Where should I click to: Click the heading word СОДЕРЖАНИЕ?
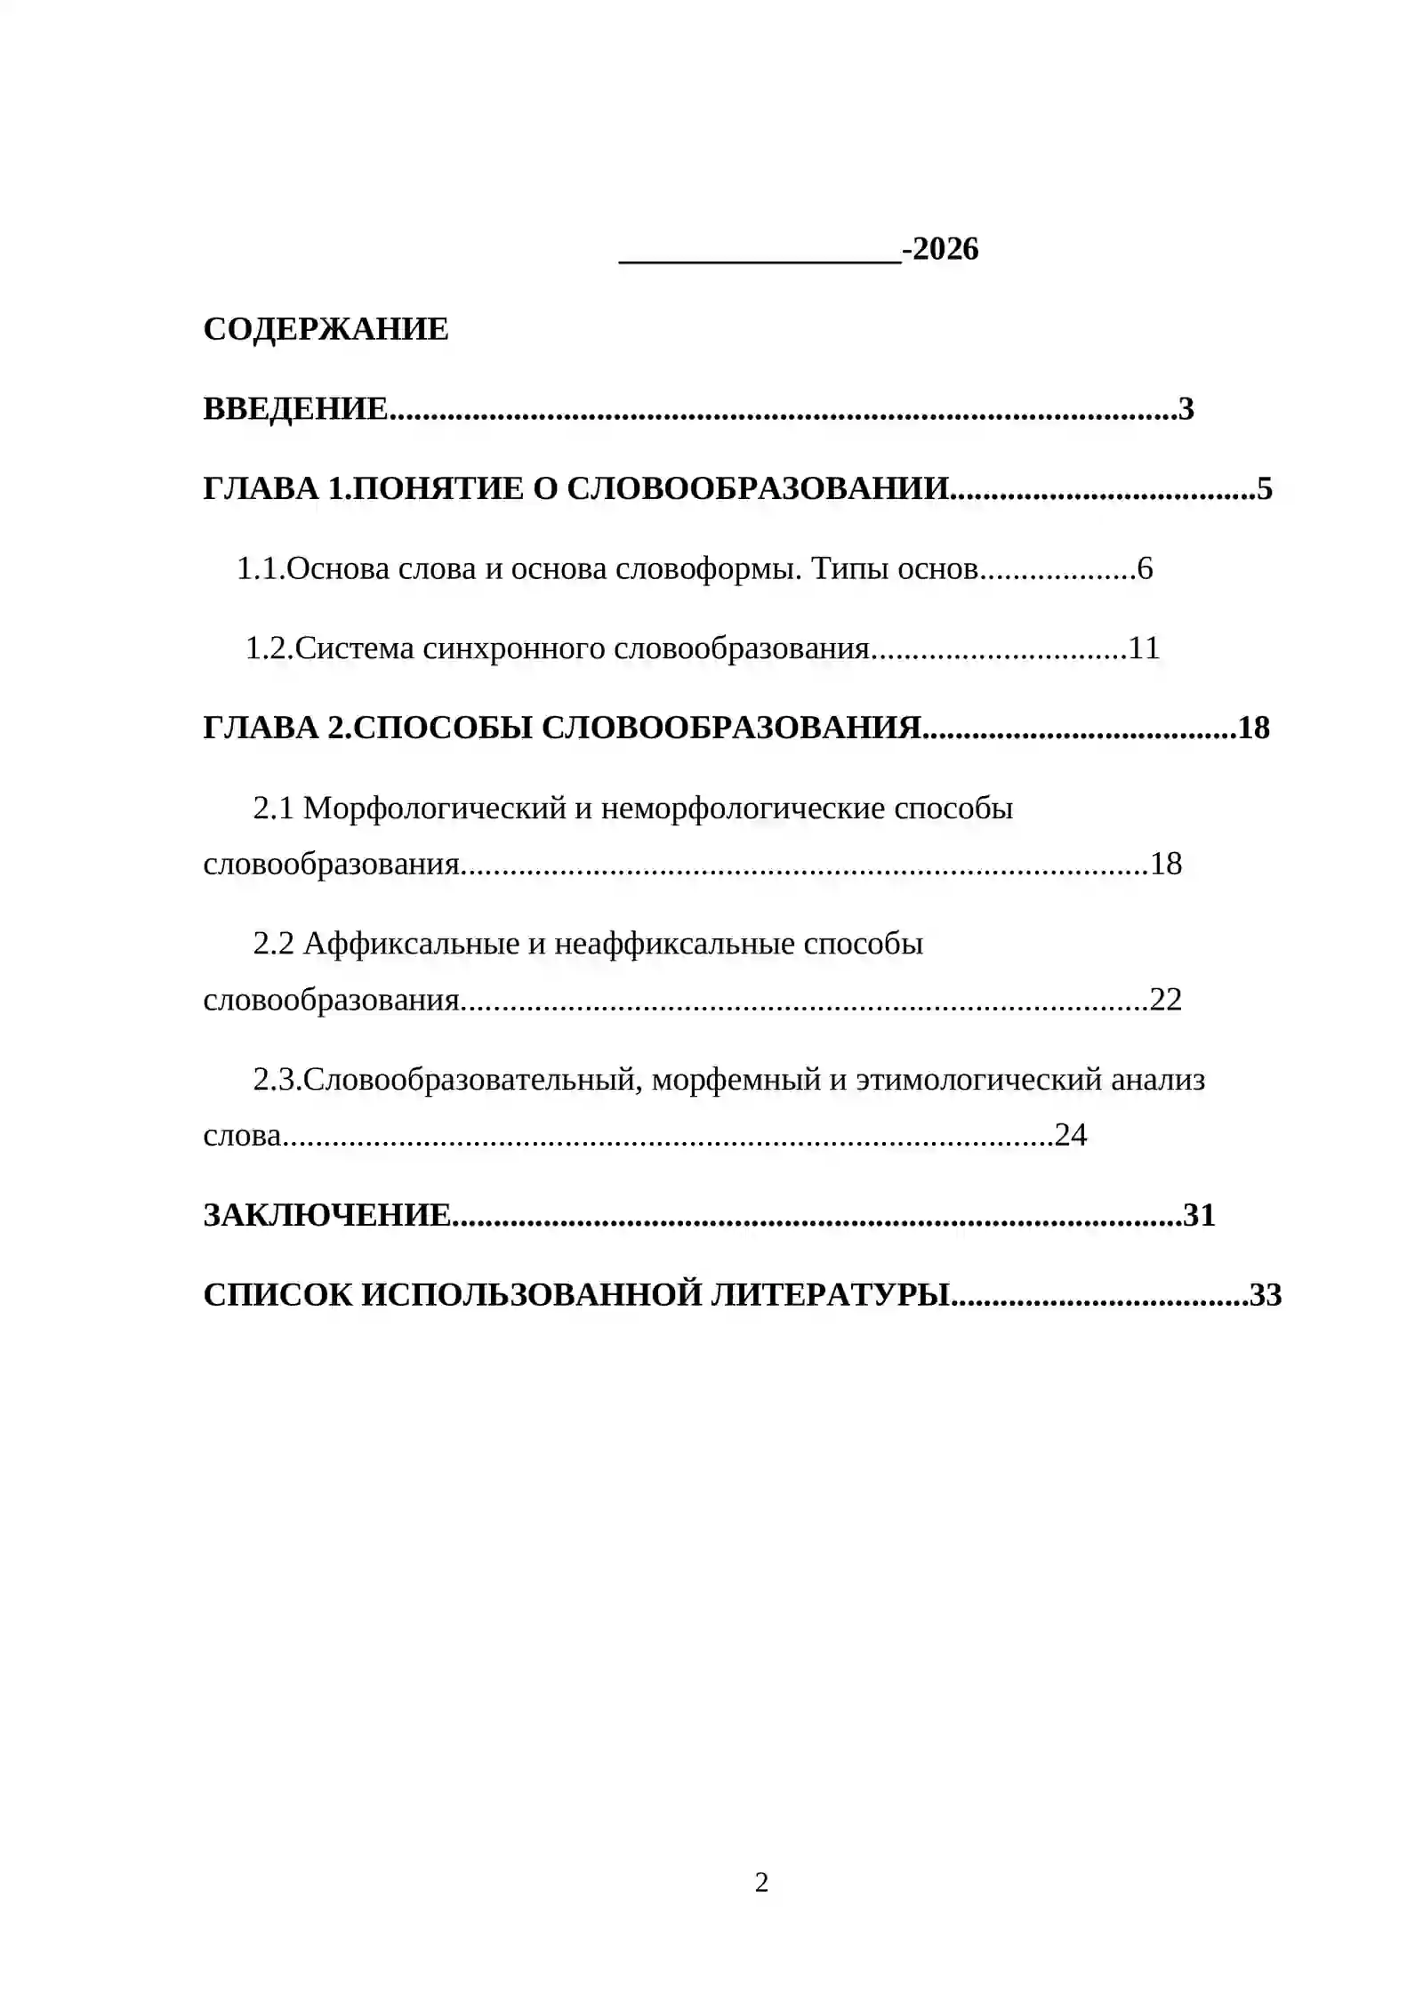pyautogui.click(x=326, y=329)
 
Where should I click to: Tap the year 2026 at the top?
pyautogui.click(x=945, y=249)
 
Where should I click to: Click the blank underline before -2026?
pyautogui.click(x=760, y=254)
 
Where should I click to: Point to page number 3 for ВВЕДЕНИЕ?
pyautogui.click(x=1186, y=409)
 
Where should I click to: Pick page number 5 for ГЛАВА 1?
pyautogui.click(x=1265, y=488)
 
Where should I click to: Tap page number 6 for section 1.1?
pyautogui.click(x=1145, y=568)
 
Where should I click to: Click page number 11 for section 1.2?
pyautogui.click(x=1144, y=648)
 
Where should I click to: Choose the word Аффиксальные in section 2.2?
pyautogui.click(x=411, y=943)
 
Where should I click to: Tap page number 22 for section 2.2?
pyautogui.click(x=1165, y=999)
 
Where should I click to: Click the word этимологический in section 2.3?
pyautogui.click(x=979, y=1080)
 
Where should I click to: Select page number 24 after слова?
pyautogui.click(x=1070, y=1135)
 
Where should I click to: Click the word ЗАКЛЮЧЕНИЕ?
pyautogui.click(x=326, y=1215)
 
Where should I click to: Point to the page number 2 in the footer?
pyautogui.click(x=761, y=1882)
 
